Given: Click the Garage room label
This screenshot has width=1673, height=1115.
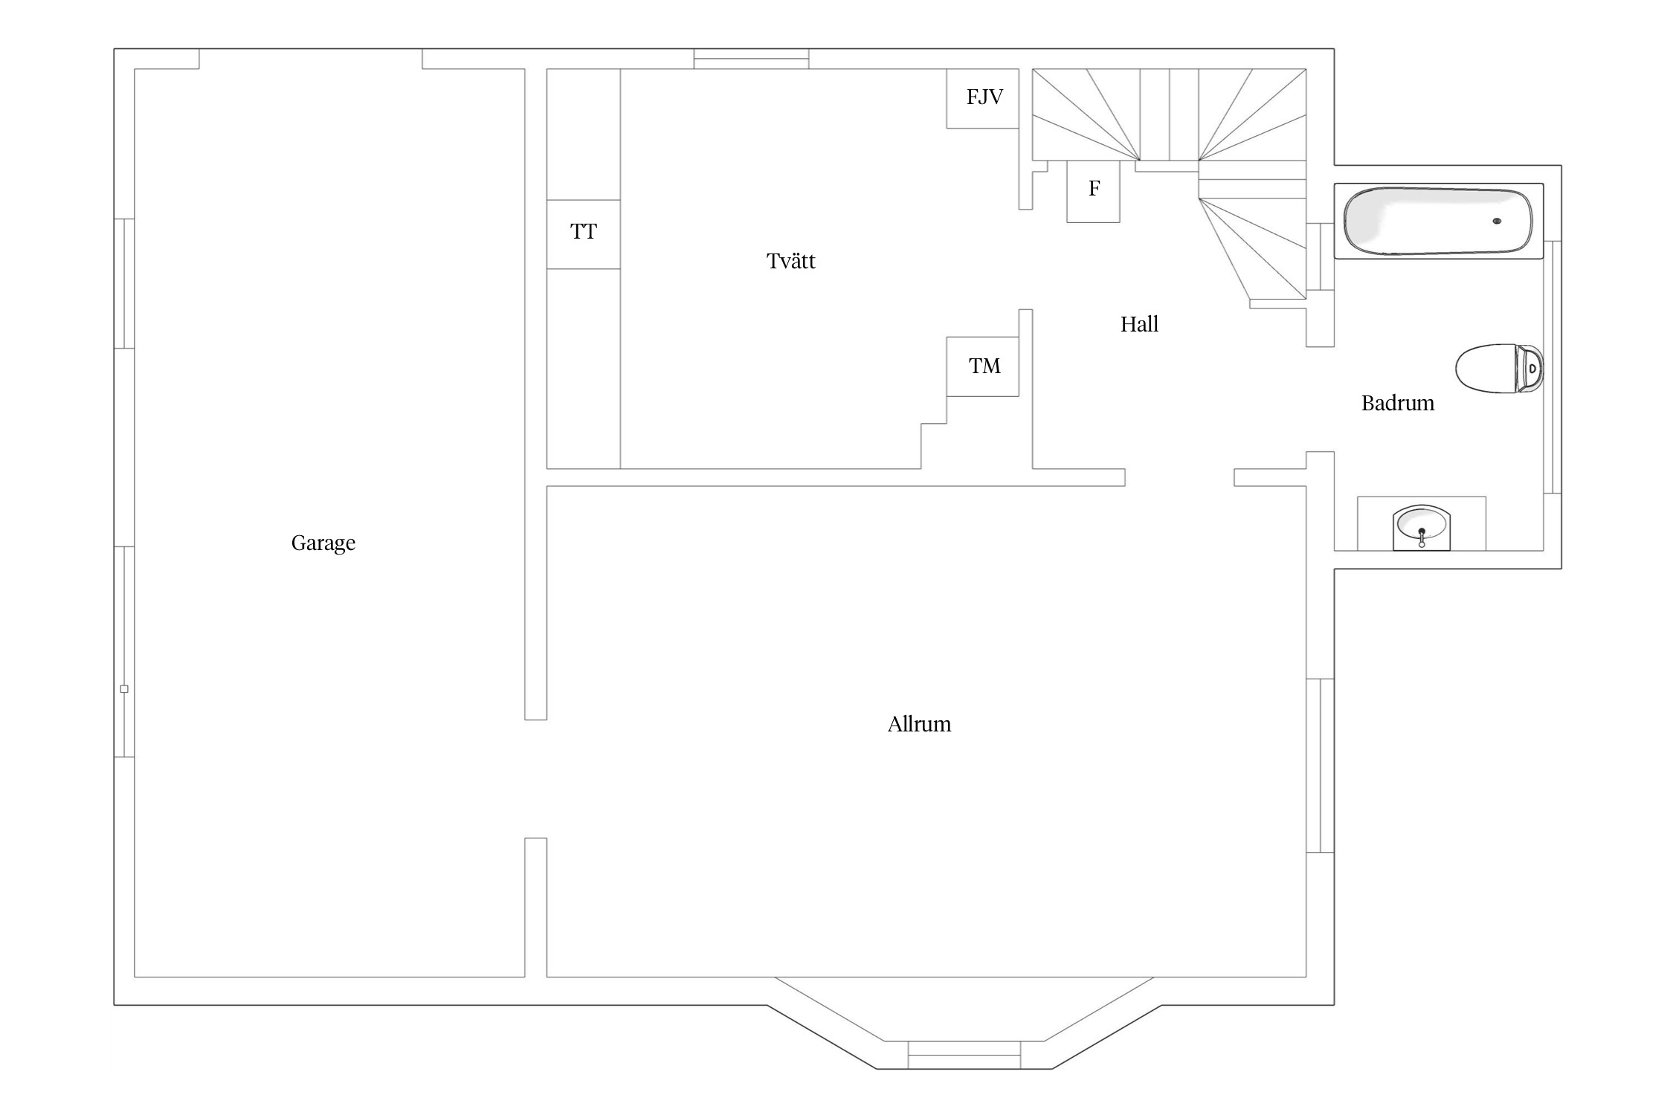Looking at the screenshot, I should pyautogui.click(x=323, y=543).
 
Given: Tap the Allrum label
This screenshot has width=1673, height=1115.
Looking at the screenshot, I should pyautogui.click(x=919, y=724).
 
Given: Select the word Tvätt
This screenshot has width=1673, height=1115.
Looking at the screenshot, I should pyautogui.click(x=790, y=261).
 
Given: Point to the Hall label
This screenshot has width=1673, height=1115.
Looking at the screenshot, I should pyautogui.click(x=1139, y=324).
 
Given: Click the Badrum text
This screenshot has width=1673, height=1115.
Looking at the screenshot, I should pyautogui.click(x=1397, y=403).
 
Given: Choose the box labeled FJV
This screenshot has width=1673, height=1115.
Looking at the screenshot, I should pyautogui.click(x=983, y=98).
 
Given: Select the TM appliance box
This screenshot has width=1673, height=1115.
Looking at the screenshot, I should pyautogui.click(x=983, y=366).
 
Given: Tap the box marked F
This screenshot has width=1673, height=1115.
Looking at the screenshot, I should pyautogui.click(x=1093, y=190).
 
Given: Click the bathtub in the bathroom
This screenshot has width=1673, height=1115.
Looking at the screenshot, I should pyautogui.click(x=1437, y=221).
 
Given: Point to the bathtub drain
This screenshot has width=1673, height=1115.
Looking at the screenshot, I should pyautogui.click(x=1497, y=221).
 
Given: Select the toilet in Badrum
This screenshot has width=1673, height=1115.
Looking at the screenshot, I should pyautogui.click(x=1498, y=368).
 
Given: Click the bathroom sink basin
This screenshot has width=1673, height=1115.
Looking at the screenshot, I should pyautogui.click(x=1422, y=523).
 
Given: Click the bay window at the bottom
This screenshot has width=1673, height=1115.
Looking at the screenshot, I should pyautogui.click(x=964, y=1055).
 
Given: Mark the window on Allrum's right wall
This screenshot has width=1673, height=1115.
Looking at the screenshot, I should pyautogui.click(x=1320, y=765).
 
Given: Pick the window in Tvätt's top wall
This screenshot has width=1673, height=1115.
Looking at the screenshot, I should pyautogui.click(x=751, y=59).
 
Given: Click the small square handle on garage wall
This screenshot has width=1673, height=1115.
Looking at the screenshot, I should pyautogui.click(x=124, y=689).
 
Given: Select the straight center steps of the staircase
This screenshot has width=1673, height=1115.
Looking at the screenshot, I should pyautogui.click(x=1169, y=114).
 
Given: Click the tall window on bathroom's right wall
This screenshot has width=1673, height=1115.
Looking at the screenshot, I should pyautogui.click(x=1552, y=367).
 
